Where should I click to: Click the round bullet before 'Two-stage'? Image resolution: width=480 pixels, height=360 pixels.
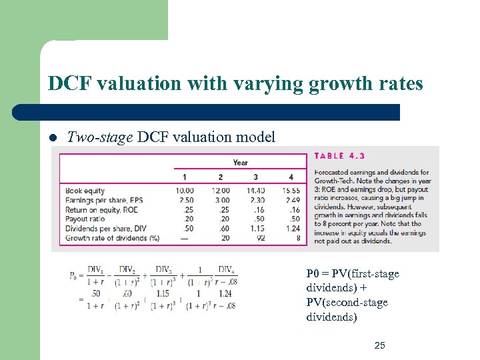coord(53,139)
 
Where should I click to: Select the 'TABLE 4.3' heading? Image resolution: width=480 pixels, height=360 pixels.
coord(339,157)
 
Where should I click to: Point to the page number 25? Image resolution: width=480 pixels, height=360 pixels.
coord(380,345)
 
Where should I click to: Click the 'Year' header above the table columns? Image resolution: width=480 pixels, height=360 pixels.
coord(240,163)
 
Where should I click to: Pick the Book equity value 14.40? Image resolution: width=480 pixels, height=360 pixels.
coord(255,191)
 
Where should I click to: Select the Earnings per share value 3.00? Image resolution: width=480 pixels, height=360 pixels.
coord(221,200)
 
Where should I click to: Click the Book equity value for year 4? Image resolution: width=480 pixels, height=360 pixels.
coord(291,191)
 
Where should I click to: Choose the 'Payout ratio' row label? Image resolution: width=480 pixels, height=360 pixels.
coord(85,219)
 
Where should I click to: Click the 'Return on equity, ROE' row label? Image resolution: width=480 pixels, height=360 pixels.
coord(101,209)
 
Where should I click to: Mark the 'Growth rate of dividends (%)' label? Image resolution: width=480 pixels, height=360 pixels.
coord(111,237)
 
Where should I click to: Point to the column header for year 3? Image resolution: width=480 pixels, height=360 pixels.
coord(256,177)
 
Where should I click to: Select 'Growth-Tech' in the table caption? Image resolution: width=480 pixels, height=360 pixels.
coord(335,181)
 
